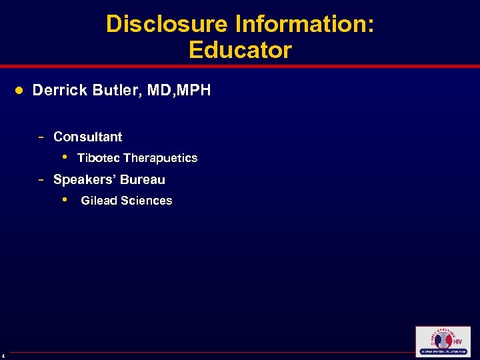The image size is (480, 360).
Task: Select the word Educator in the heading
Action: [x=240, y=50]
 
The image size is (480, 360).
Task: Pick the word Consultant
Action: [x=87, y=137]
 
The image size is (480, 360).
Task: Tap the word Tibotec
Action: [x=99, y=158]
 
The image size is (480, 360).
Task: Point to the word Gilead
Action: [x=99, y=201]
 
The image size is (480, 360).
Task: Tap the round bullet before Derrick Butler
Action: [x=20, y=90]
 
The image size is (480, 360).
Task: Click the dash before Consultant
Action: [x=41, y=137]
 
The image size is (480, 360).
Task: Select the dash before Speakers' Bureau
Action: [x=41, y=179]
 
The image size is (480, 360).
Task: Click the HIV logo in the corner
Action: [x=442, y=341]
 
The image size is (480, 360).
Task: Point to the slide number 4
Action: [x=3, y=355]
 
